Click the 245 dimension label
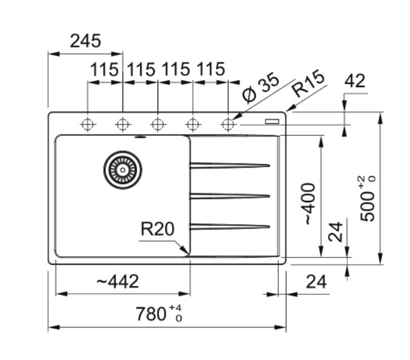click(85, 41)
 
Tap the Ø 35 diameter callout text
click(260, 88)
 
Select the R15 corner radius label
click(309, 83)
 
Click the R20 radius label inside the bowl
click(157, 229)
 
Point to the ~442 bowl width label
click(118, 282)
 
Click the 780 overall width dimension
click(151, 314)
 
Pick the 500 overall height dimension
click(367, 206)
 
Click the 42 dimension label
click(354, 81)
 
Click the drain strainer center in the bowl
click(123, 170)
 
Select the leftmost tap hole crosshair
click(88, 124)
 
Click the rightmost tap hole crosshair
click(228, 124)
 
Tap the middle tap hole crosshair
click(158, 124)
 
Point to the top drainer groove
click(230, 165)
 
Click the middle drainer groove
click(230, 196)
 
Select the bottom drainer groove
click(230, 227)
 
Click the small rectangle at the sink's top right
click(272, 121)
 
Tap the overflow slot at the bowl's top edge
click(141, 136)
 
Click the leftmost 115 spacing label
click(104, 69)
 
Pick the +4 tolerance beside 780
click(175, 307)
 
